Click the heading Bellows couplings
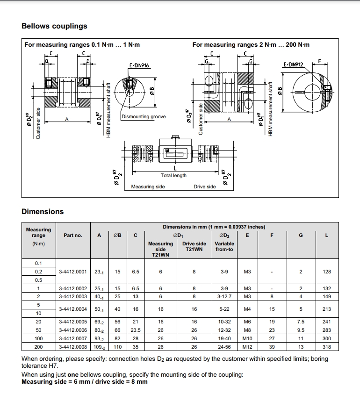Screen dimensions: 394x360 click(54, 26)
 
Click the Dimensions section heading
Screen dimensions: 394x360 click(43, 212)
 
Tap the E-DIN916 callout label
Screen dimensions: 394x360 click(139, 65)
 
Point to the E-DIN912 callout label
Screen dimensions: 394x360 click(293, 64)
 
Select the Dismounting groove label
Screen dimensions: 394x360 click(144, 117)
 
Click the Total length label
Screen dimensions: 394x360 click(173, 176)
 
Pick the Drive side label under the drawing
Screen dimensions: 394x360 click(205, 186)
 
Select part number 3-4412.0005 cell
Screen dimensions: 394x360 click(73, 322)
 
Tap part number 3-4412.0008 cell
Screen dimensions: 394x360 click(73, 347)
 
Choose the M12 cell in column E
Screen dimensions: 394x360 click(247, 347)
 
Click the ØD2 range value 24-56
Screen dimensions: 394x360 click(224, 347)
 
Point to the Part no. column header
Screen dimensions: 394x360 click(73, 235)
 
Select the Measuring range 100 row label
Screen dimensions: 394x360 click(38, 338)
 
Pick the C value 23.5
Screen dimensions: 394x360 click(136, 330)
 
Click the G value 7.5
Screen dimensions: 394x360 click(301, 322)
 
